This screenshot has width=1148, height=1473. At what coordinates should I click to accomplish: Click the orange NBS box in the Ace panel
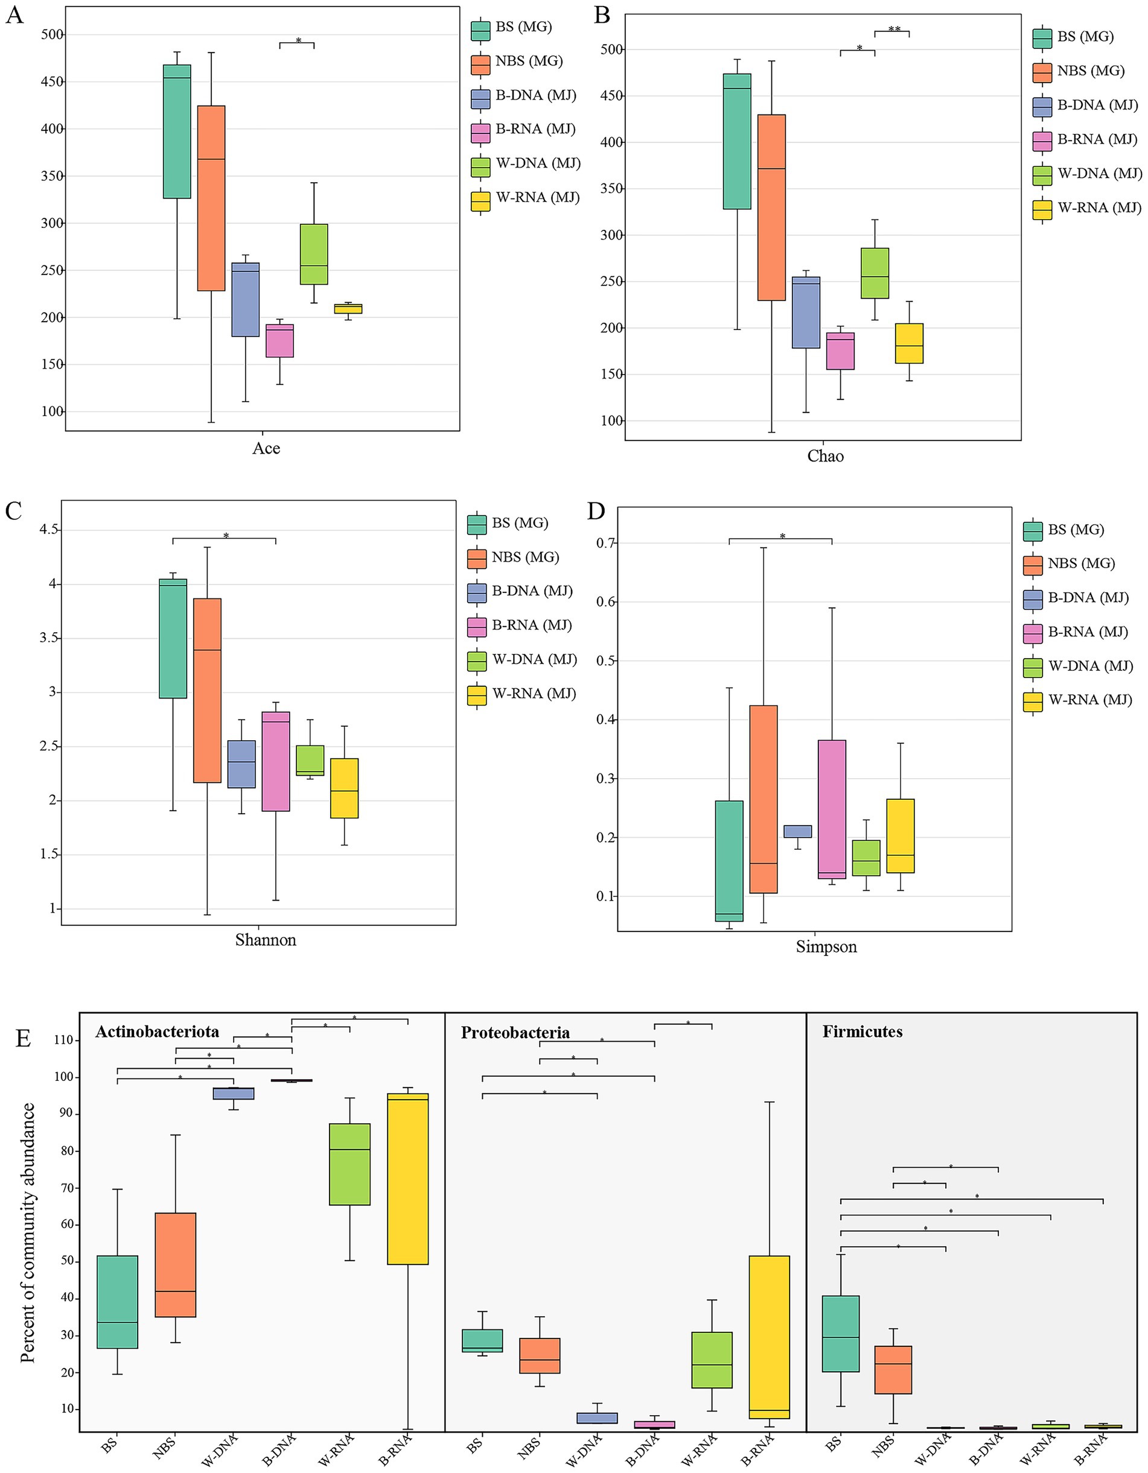(x=211, y=198)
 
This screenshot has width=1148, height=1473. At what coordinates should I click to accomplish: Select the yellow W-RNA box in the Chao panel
(x=909, y=343)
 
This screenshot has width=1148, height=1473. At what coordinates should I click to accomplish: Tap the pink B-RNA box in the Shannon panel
(x=276, y=761)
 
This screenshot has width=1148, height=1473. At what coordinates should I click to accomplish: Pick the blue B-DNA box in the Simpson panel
(x=798, y=831)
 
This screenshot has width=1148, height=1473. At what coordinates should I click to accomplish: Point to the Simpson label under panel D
(x=826, y=946)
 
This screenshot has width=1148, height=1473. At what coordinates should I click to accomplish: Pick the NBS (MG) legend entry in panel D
(x=1080, y=563)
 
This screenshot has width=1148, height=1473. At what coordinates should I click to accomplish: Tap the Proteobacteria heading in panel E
(x=515, y=1033)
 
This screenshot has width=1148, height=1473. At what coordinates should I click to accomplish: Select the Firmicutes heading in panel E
(x=862, y=1031)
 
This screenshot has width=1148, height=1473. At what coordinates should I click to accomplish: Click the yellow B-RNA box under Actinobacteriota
(x=408, y=1178)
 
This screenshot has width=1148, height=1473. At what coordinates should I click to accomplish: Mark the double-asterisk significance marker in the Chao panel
(x=894, y=29)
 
